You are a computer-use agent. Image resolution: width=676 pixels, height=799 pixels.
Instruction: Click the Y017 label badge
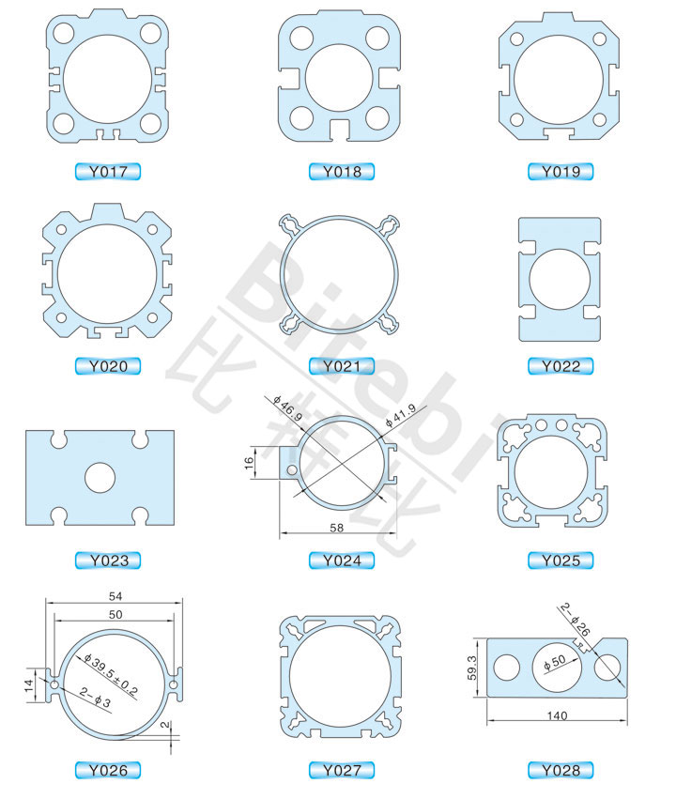tap(107, 172)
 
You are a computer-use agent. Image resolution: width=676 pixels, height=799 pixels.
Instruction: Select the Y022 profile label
tap(561, 366)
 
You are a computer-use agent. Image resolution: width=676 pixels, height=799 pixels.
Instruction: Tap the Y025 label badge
tap(561, 561)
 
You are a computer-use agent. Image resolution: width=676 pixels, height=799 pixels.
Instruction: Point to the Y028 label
tap(561, 771)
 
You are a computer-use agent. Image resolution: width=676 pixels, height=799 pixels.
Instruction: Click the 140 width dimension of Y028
tap(557, 715)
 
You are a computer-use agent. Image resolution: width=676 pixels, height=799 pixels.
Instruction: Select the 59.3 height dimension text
tap(472, 668)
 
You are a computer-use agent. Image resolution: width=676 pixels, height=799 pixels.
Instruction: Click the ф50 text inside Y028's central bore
tap(555, 662)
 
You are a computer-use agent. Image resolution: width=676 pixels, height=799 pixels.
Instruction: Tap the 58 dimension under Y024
tap(337, 528)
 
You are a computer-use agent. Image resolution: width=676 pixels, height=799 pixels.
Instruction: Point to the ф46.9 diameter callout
tap(288, 407)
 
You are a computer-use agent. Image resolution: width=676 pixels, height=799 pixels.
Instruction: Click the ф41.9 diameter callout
tap(400, 415)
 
